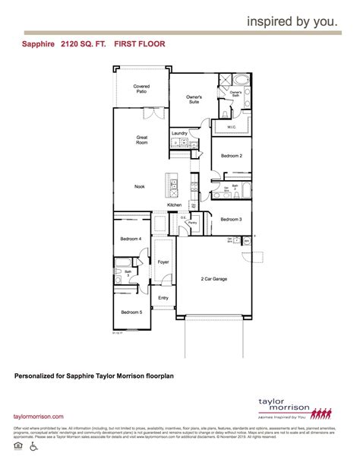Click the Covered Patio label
click(141, 89)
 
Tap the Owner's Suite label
click(194, 100)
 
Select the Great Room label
click(141, 141)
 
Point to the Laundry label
click(179, 133)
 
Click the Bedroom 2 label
click(231, 156)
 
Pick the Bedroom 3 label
click(231, 220)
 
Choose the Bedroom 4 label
click(130, 239)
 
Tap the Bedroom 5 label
click(130, 312)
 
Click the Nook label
click(140, 186)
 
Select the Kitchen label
click(175, 205)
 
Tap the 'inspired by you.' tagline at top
click(292, 22)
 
